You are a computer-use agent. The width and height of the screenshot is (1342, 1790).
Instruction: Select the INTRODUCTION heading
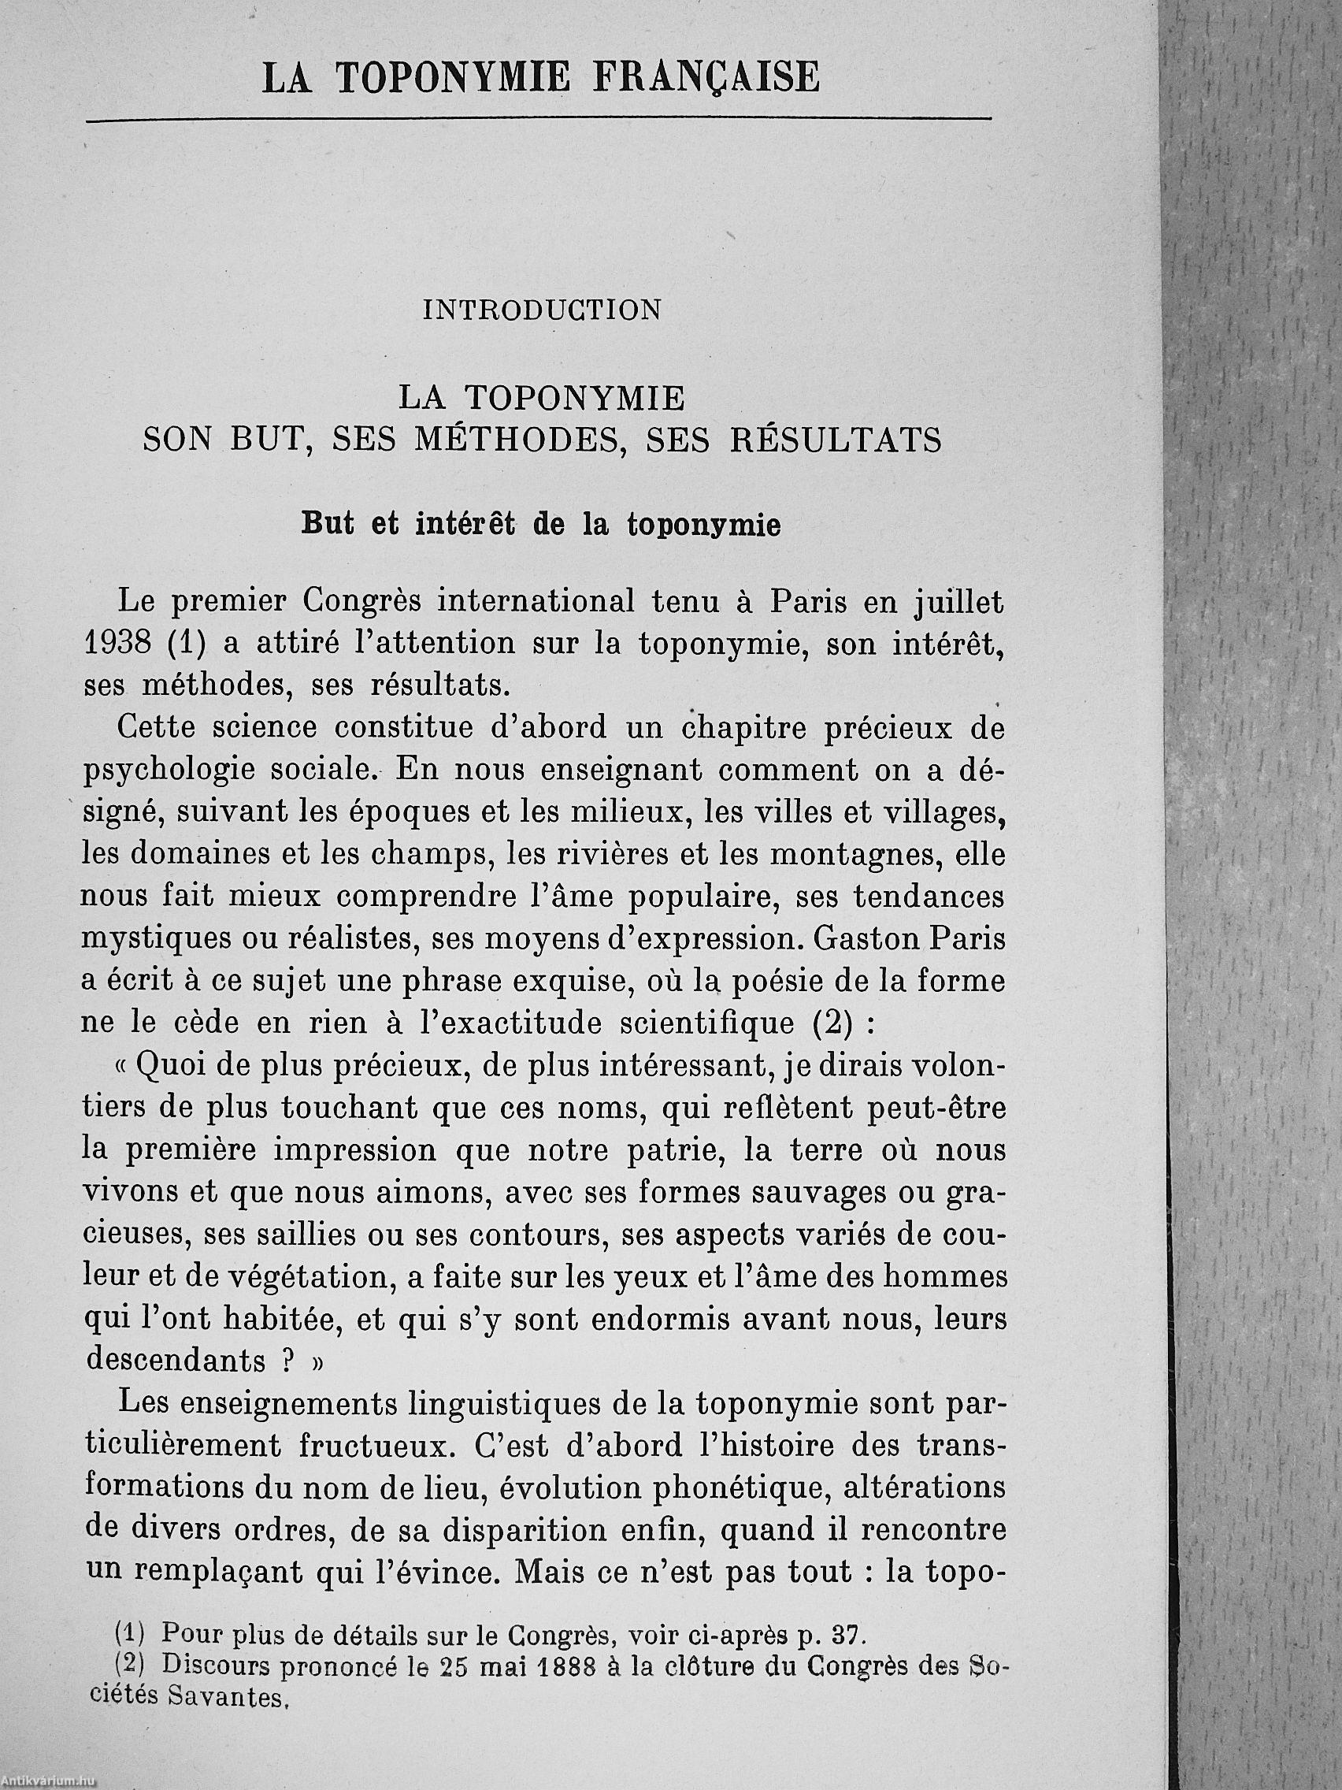tap(542, 310)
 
